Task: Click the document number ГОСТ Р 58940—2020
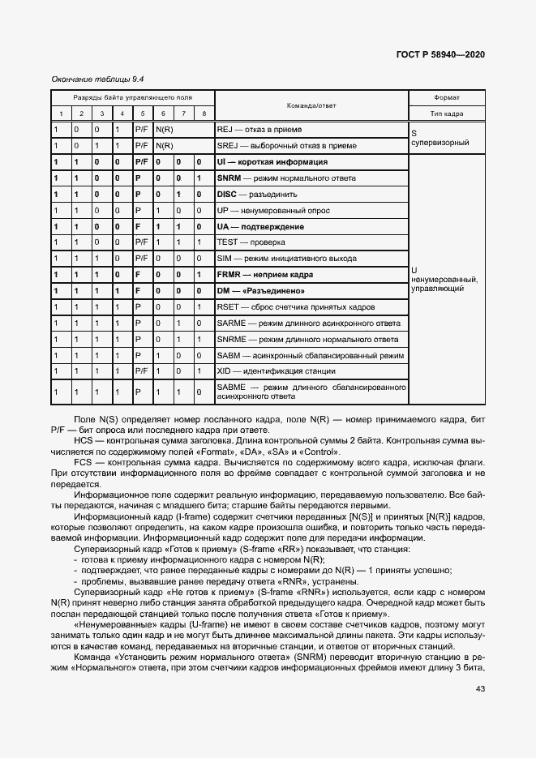(x=440, y=55)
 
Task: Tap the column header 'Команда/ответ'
(x=311, y=105)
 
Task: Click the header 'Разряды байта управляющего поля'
(x=132, y=97)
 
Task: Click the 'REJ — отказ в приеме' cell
(x=259, y=130)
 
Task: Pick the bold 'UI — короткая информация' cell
(x=272, y=162)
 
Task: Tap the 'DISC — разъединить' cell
(x=257, y=195)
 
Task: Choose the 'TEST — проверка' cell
(x=251, y=243)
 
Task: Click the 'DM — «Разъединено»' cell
(x=260, y=291)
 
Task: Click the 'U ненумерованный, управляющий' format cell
(x=444, y=278)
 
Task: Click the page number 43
(x=479, y=689)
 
